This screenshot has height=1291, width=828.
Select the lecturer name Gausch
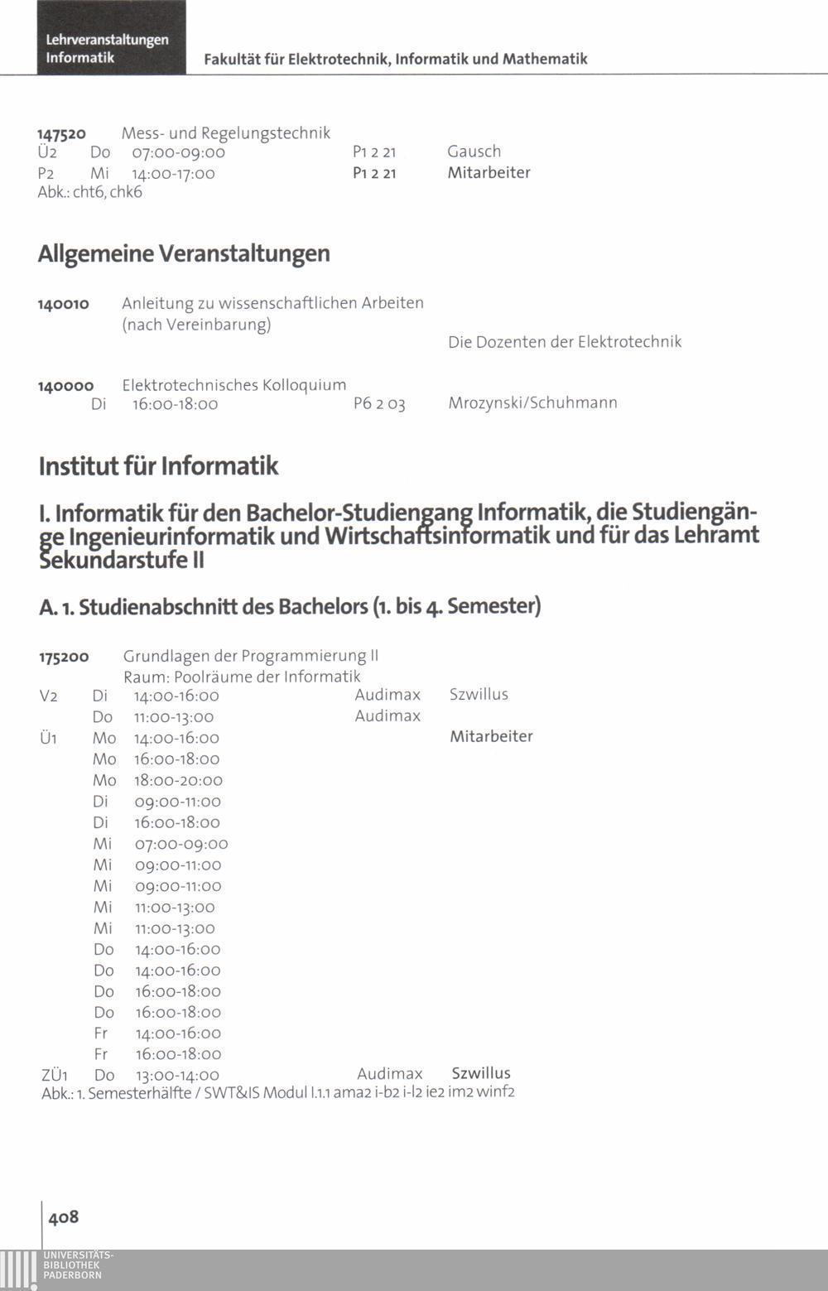(x=474, y=152)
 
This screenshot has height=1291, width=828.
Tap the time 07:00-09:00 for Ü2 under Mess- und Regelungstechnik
(x=178, y=152)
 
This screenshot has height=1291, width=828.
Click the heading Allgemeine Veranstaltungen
(x=184, y=253)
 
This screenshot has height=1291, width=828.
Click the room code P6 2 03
(x=379, y=404)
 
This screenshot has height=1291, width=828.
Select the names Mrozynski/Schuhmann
(x=532, y=403)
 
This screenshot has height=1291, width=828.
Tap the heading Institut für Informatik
(x=158, y=466)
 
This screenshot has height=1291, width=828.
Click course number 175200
(x=64, y=658)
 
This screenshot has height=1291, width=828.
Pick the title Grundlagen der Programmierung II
(x=250, y=656)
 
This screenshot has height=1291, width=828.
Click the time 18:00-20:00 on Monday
(x=178, y=780)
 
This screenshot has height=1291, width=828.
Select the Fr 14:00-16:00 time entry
(x=178, y=1033)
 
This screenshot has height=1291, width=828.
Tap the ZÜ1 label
(x=54, y=1076)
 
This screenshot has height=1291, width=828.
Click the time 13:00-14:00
(x=177, y=1076)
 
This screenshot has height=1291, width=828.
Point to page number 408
(x=64, y=1216)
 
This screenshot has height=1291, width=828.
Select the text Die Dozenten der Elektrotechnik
(x=565, y=342)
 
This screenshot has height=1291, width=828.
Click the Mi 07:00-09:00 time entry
(x=181, y=844)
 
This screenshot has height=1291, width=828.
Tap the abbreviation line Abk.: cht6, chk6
(x=90, y=192)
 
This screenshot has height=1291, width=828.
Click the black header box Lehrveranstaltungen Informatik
(x=111, y=38)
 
